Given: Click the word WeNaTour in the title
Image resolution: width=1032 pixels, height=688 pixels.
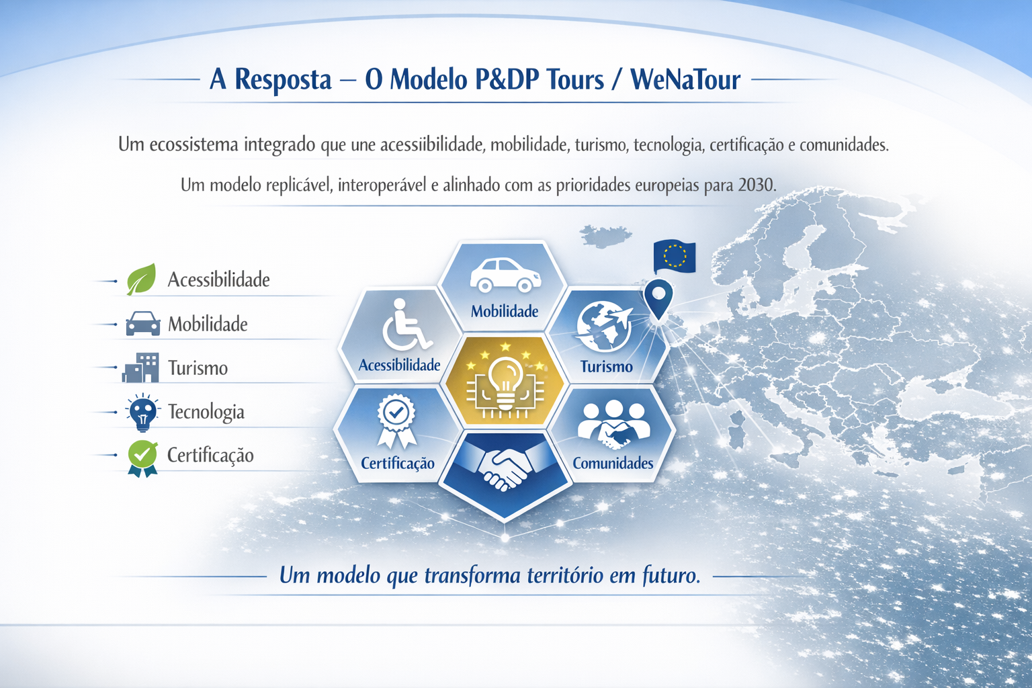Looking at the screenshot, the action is point(685,79).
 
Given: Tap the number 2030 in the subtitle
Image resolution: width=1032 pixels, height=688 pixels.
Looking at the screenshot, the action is point(757,185).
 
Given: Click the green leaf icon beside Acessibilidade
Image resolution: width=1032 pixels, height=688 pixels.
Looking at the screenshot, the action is point(142,279).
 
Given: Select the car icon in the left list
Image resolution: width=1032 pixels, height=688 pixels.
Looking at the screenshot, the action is point(143,323).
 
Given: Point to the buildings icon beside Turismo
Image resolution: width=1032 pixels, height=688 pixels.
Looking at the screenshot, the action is point(140,368).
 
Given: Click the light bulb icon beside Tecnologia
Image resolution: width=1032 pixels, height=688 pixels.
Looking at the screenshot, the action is point(143,412).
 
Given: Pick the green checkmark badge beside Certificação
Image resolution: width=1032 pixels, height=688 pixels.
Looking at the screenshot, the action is point(143,458).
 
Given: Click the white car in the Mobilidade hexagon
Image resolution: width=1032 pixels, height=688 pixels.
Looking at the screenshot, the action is point(505,275).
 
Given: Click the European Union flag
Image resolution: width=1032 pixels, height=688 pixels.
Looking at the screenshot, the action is point(675,256).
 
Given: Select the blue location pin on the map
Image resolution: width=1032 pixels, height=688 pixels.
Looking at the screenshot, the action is point(658,299).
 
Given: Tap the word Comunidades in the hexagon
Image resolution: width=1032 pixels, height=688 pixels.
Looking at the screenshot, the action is point(613,463).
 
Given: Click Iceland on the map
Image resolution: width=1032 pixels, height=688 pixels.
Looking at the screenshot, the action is point(605,236).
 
